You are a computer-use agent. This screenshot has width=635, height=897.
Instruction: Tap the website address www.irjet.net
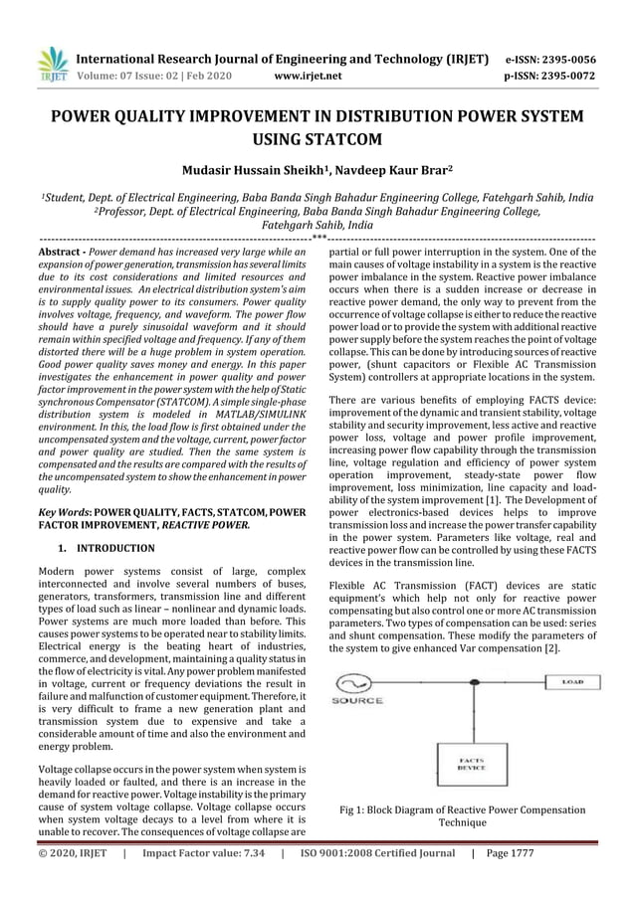point(307,75)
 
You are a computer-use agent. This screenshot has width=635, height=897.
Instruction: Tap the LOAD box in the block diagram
point(572,682)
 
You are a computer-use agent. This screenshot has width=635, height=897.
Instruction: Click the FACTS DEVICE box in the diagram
point(471,765)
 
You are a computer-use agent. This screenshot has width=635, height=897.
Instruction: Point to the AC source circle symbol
point(356,683)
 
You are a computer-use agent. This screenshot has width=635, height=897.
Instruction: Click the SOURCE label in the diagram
point(357,701)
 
